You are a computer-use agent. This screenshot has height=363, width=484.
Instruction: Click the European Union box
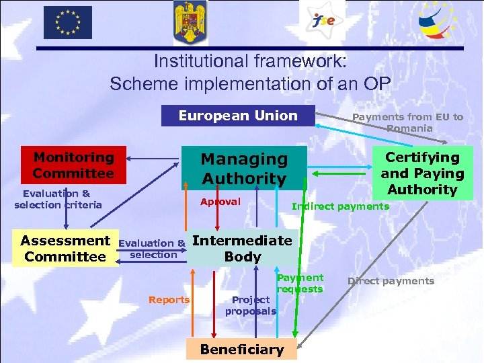pyautogui.click(x=237, y=116)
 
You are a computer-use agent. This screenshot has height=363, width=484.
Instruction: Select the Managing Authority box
pyautogui.click(x=245, y=168)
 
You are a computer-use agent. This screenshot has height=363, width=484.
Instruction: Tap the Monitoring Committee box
pyautogui.click(x=74, y=165)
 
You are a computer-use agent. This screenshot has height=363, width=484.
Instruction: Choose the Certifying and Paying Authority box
pyautogui.click(x=422, y=173)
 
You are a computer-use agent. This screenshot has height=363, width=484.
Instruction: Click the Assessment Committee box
pyautogui.click(x=65, y=248)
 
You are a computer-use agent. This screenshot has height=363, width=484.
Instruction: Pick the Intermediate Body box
pyautogui.click(x=242, y=248)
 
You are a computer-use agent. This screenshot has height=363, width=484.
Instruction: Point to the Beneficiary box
pyautogui.click(x=242, y=350)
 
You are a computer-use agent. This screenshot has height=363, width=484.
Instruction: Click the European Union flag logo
pyautogui.click(x=68, y=22)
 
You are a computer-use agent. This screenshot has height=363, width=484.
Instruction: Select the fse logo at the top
pyautogui.click(x=322, y=21)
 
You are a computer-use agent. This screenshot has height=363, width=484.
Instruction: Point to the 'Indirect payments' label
pyautogui.click(x=340, y=206)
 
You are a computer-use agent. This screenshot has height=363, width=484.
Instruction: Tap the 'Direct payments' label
pyautogui.click(x=391, y=281)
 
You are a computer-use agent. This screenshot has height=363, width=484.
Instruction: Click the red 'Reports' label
pyautogui.click(x=169, y=300)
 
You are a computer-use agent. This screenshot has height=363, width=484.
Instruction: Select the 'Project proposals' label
pyautogui.click(x=250, y=305)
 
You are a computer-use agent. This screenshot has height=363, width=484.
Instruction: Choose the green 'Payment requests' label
pyautogui.click(x=300, y=283)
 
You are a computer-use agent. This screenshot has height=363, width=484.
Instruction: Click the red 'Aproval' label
pyautogui.click(x=220, y=202)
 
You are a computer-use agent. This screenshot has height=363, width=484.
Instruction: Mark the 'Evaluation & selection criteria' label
pyautogui.click(x=58, y=199)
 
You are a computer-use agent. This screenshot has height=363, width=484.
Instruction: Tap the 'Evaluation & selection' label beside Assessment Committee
pyautogui.click(x=153, y=249)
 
